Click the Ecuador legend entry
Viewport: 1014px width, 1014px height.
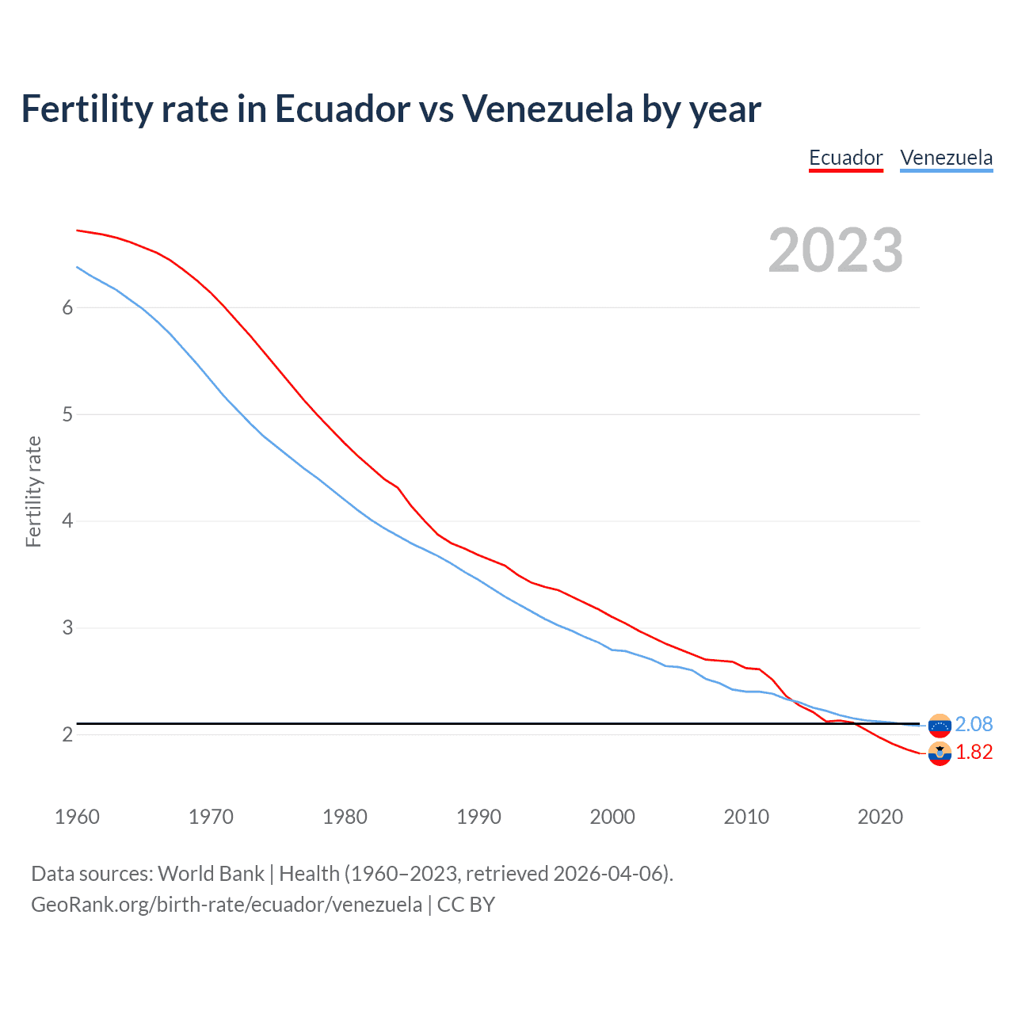pyautogui.click(x=845, y=158)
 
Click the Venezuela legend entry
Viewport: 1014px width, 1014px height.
pyautogui.click(x=946, y=158)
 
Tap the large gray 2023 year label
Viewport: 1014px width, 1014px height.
pyautogui.click(x=835, y=250)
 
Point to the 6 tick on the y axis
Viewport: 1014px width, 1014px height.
pyautogui.click(x=67, y=307)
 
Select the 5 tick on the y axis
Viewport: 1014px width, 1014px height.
pyautogui.click(x=67, y=414)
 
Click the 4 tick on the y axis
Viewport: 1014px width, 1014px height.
pyautogui.click(x=67, y=521)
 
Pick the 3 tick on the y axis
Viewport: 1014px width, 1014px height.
pyautogui.click(x=67, y=628)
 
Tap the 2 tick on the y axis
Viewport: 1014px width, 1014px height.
pyautogui.click(x=67, y=735)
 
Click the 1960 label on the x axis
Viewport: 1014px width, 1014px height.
pyautogui.click(x=77, y=817)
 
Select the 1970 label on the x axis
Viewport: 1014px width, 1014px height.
pyautogui.click(x=211, y=817)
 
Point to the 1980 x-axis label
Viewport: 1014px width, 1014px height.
pyautogui.click(x=345, y=817)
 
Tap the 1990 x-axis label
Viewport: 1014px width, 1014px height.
pyautogui.click(x=478, y=817)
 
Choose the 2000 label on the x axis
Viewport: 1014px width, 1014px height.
pyautogui.click(x=612, y=817)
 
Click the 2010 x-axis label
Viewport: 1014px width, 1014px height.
pyautogui.click(x=746, y=817)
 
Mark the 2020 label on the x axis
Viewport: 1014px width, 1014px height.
pyautogui.click(x=880, y=817)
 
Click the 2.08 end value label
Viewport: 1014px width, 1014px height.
pyautogui.click(x=974, y=724)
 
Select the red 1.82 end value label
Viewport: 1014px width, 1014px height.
pyautogui.click(x=974, y=752)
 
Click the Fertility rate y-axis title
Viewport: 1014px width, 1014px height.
pyautogui.click(x=33, y=491)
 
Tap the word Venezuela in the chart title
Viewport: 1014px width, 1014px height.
pyautogui.click(x=547, y=109)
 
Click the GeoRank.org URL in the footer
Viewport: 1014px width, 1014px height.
pyautogui.click(x=227, y=905)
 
